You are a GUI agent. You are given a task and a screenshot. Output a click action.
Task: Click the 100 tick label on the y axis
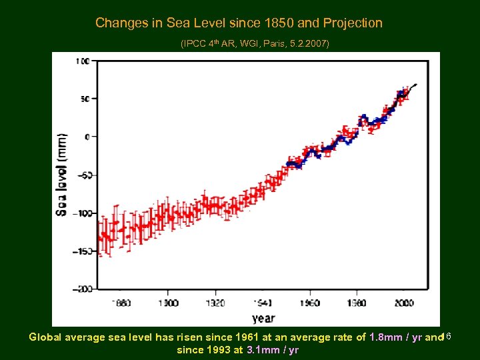point(82,61)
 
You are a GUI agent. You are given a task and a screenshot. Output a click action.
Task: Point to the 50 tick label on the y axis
point(84,99)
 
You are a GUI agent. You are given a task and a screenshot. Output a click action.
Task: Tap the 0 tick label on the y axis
point(87,137)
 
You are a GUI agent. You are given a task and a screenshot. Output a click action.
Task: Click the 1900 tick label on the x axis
point(168,303)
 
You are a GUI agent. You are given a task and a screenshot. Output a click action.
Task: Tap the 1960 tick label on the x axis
point(309,303)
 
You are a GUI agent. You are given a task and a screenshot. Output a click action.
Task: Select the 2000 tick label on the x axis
point(403,303)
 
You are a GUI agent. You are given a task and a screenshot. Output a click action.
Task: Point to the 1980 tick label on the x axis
point(356,303)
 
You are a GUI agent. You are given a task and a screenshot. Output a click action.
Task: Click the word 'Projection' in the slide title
point(353,23)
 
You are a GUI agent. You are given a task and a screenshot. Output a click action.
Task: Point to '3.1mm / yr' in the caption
point(273,349)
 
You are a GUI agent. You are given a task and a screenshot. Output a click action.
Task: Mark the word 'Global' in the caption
point(45,337)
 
